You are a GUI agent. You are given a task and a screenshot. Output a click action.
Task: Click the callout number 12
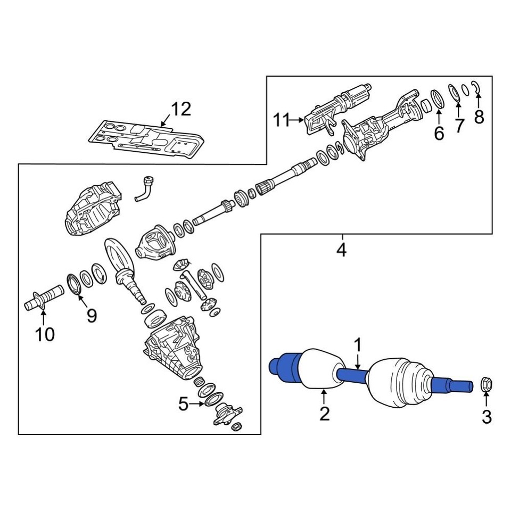coord(180,109)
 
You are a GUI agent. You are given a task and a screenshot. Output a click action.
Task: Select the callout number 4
coord(341,249)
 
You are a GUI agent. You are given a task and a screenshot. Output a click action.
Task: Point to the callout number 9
coord(92,316)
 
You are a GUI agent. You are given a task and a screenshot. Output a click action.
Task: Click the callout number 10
coord(45,334)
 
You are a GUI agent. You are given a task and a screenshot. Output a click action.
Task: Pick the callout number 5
coord(183,405)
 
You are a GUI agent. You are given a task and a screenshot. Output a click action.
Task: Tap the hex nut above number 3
coord(487,385)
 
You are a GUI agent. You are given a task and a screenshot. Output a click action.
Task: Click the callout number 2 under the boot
coord(325,414)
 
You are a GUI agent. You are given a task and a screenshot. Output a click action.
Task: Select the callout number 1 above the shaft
coord(358,345)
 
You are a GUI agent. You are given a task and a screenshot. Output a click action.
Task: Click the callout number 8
coord(479,117)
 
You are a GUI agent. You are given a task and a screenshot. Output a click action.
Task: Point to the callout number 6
coord(439,134)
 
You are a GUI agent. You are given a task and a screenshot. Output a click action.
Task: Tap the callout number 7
coord(459,126)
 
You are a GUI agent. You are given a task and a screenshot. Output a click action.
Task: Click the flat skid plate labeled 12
coord(146,140)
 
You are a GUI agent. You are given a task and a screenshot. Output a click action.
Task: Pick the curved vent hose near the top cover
coord(145,189)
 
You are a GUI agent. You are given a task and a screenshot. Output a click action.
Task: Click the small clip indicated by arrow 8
coord(477,88)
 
